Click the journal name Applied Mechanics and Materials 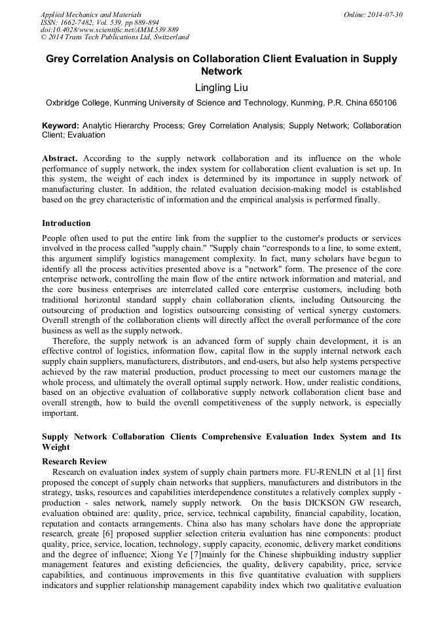[x=90, y=14]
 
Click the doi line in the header [x=109, y=30]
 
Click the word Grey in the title [x=58, y=59]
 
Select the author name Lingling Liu [x=221, y=87]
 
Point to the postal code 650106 [x=380, y=103]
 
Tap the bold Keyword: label [x=60, y=125]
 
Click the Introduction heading [x=66, y=223]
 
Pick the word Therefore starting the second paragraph [x=72, y=341]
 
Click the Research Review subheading [x=74, y=462]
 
